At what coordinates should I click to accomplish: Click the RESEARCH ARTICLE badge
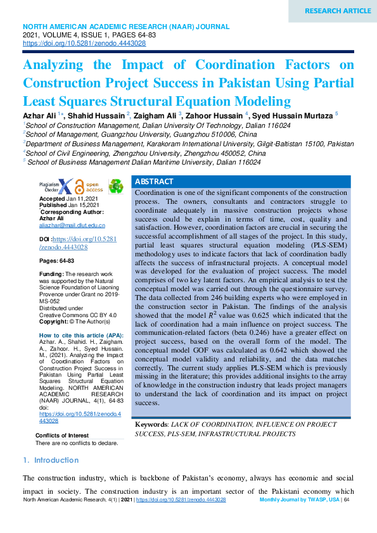[x=338, y=11]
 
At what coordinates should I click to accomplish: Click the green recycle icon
[x=116, y=186]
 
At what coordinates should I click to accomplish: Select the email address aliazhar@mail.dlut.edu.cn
[x=72, y=225]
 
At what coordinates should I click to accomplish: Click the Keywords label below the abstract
[x=151, y=424]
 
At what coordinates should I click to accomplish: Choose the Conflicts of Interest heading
[x=62, y=436]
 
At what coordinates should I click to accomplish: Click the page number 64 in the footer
[x=347, y=499]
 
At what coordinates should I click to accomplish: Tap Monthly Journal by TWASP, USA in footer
[x=300, y=499]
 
